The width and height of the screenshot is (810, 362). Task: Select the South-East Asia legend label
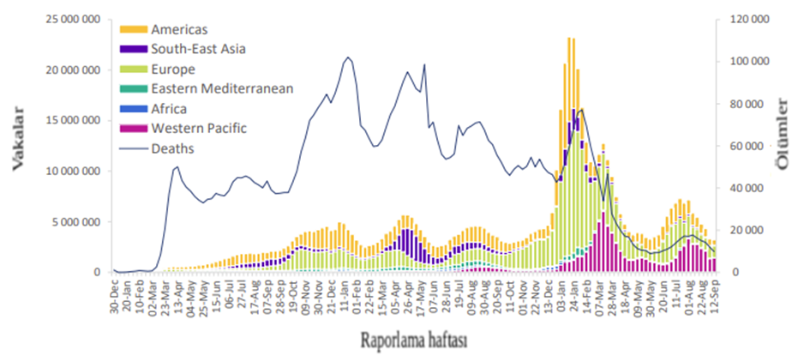point(198,50)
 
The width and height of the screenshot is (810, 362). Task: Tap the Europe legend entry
point(172,69)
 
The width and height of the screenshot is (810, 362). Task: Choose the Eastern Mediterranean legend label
point(222,88)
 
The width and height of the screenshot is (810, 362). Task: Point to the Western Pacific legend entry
point(198,129)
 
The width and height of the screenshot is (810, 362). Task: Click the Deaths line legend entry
point(171,148)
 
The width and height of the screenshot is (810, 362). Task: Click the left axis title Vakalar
point(19,146)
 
